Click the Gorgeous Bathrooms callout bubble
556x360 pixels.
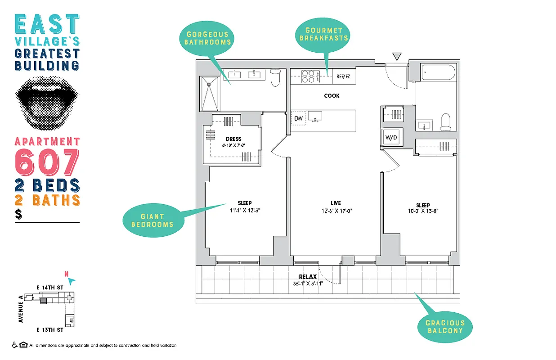[208, 38]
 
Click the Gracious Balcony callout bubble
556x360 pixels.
[445, 327]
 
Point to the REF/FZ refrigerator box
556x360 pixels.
[343, 76]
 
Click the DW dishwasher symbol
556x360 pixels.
[298, 119]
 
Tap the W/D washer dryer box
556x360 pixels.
[391, 137]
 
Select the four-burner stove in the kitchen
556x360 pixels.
[308, 76]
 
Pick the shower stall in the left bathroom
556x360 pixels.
[210, 94]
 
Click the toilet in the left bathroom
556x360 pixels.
[275, 77]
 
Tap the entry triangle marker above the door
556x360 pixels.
[396, 56]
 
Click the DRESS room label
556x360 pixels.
[234, 139]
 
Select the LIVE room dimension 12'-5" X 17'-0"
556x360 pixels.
[336, 211]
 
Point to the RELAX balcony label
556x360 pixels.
[308, 277]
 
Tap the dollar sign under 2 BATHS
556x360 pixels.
[18, 215]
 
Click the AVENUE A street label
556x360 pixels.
[20, 309]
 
